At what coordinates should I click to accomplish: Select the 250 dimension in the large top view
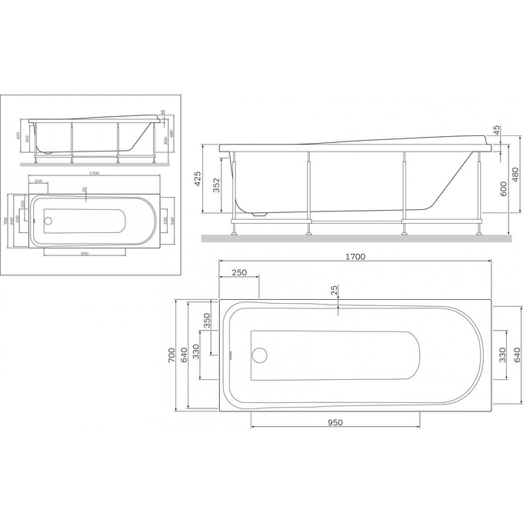pos(238,273)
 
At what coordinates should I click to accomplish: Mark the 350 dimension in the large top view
pos(206,321)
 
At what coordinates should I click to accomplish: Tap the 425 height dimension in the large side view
pos(198,180)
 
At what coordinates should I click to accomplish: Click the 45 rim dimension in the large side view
pos(496,130)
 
